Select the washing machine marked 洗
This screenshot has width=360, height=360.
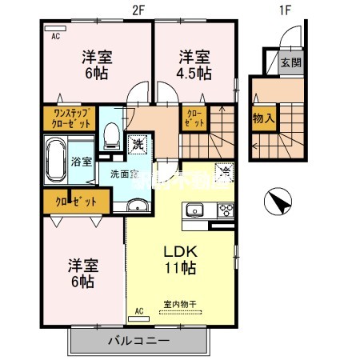coord(137,145)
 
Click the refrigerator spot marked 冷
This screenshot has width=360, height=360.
coord(226,170)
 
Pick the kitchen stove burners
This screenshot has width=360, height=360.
coord(225,211)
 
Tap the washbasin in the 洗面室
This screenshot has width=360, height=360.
coord(138,207)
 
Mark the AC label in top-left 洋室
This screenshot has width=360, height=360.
coord(56,37)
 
